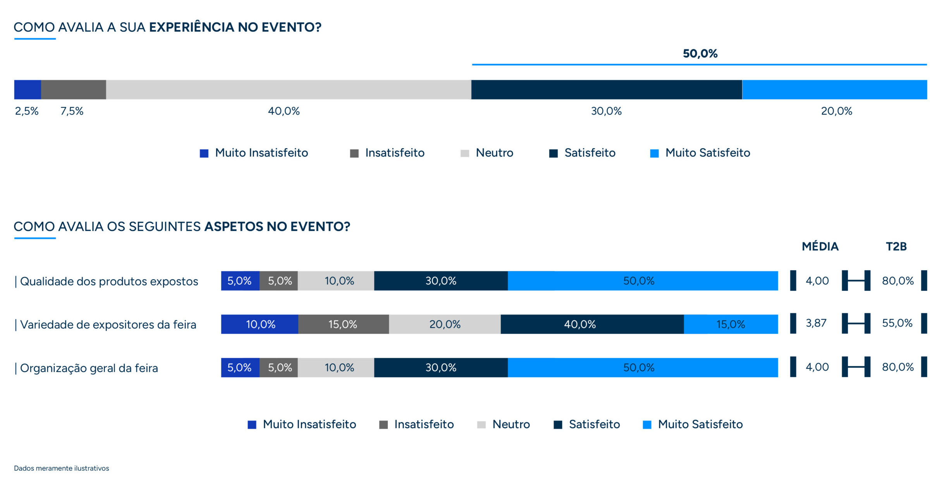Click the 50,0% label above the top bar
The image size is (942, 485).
click(x=700, y=54)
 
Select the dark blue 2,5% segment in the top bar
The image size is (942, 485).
click(x=28, y=90)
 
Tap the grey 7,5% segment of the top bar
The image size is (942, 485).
click(x=74, y=90)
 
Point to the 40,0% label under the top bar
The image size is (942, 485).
click(x=284, y=111)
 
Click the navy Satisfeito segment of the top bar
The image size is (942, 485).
click(x=607, y=90)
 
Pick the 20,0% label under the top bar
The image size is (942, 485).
click(x=837, y=111)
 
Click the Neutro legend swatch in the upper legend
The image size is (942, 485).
click(x=465, y=154)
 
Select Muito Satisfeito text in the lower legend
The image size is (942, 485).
click(x=700, y=424)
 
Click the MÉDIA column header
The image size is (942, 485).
click(x=820, y=247)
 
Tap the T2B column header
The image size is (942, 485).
click(x=896, y=247)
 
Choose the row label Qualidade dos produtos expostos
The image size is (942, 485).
click(x=109, y=282)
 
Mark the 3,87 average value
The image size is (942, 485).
click(x=816, y=323)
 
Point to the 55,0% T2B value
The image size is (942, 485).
click(x=897, y=323)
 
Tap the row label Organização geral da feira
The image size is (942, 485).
click(x=89, y=368)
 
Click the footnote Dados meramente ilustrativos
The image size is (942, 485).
click(x=62, y=468)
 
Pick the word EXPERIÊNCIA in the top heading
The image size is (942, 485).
click(x=192, y=27)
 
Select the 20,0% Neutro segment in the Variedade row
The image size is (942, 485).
click(x=445, y=324)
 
